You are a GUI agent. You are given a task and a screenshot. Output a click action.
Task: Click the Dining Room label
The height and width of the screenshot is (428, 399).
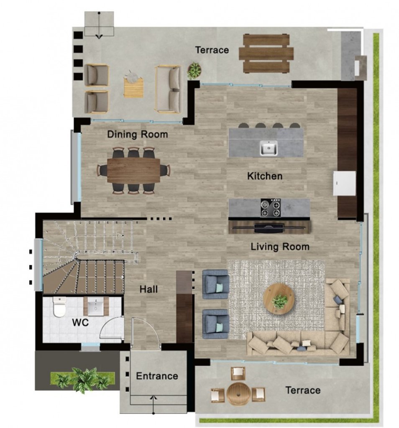coord(137,134)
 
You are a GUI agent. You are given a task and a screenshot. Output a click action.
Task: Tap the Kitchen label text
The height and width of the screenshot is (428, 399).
coord(265,176)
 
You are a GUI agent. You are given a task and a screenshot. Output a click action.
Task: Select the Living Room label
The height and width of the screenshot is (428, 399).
coord(280,247)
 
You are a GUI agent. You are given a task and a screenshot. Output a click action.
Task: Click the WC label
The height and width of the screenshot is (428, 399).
coord(80,322)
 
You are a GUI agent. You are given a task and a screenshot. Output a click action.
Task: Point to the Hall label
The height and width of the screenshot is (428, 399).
coord(148,289)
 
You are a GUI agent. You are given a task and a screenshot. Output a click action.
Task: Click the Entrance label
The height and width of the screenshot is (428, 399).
coord(157,376)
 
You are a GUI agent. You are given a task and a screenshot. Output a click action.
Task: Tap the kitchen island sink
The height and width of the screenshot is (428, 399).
coord(269,148)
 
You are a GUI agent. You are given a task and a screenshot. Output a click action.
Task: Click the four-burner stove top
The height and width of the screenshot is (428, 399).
coord(271,207)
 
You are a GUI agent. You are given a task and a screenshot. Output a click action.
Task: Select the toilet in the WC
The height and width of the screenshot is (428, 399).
coord(59,306)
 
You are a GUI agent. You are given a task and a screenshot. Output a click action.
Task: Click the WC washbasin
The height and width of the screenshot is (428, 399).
coord(96,306)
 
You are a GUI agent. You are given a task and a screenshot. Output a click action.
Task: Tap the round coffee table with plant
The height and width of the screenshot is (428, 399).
coord(279,299)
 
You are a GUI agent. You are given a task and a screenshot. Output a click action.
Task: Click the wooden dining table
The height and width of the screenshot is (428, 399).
coord(133,171)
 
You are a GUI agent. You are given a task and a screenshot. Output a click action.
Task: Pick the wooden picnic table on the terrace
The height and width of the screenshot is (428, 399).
coord(266,53)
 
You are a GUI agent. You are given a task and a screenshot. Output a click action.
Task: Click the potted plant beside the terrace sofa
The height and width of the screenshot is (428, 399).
coord(194,70)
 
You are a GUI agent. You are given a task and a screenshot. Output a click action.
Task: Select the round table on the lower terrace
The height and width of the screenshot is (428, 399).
coord(238,394)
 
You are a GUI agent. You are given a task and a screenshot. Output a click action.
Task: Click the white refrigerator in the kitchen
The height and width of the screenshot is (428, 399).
coord(344,183)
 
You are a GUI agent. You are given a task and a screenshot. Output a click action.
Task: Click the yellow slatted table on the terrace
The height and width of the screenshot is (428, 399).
coord(133,87)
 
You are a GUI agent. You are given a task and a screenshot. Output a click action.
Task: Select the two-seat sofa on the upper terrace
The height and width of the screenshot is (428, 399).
coord(168,89)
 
